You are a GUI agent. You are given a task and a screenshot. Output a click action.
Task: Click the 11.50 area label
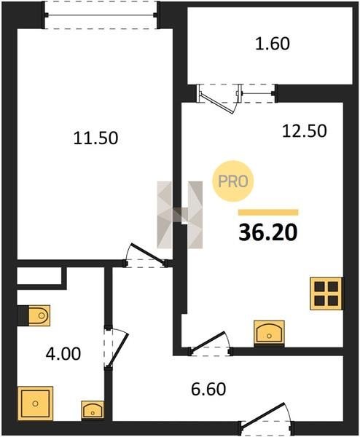[x=95, y=138]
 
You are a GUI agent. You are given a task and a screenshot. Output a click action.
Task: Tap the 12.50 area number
[x=304, y=131]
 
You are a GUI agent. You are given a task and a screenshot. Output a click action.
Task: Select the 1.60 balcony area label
[x=273, y=44]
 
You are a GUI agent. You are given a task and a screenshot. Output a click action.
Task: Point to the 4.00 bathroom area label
[x=63, y=354]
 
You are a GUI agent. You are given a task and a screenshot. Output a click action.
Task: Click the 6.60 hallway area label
[x=208, y=389]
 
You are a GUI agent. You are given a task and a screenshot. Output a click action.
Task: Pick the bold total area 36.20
[x=268, y=233]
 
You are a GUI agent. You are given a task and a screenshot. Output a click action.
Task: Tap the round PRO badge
[x=233, y=181]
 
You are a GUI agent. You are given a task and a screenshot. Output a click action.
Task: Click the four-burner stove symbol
[x=326, y=294]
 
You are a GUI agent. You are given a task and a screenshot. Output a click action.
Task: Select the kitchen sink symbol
[x=269, y=333]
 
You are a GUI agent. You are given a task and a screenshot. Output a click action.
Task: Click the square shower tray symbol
[x=35, y=403]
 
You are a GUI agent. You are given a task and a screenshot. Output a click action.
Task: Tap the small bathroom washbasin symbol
[x=93, y=410]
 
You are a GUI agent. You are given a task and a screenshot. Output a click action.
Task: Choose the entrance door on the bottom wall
[x=267, y=418]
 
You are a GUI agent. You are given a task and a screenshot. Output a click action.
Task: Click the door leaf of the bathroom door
[x=117, y=350]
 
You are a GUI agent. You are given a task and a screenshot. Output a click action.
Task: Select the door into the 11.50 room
[x=146, y=255]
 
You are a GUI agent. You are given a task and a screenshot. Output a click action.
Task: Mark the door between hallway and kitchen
[x=211, y=343]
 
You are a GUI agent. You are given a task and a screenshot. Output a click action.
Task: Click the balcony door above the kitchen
[x=219, y=99]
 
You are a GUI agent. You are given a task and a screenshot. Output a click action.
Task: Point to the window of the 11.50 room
[x=101, y=15]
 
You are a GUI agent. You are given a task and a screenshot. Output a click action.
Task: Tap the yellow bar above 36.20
[x=268, y=213]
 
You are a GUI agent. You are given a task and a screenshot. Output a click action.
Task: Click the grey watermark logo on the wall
[x=180, y=215]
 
